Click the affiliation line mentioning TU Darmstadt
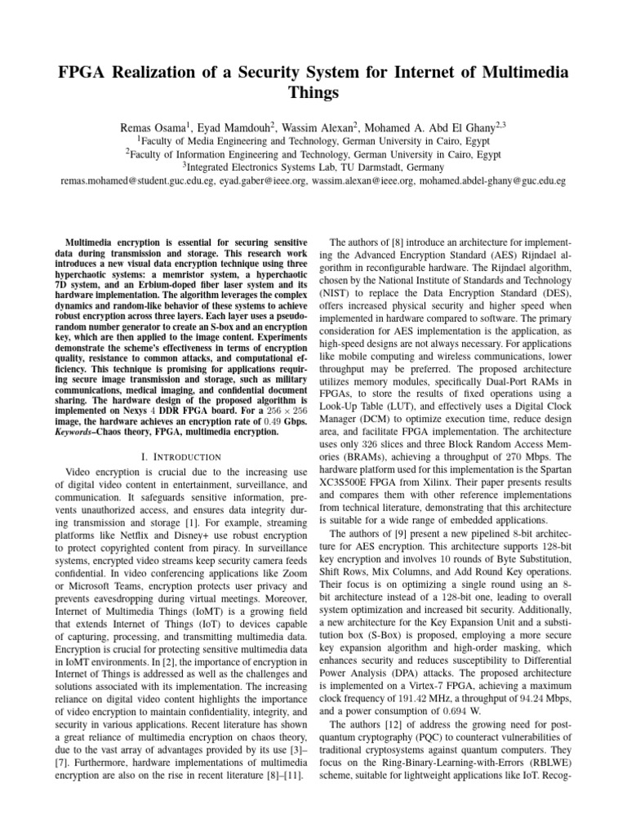pyautogui.click(x=313, y=166)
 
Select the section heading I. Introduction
pyautogui.click(x=180, y=456)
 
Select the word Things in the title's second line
pyautogui.click(x=313, y=93)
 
